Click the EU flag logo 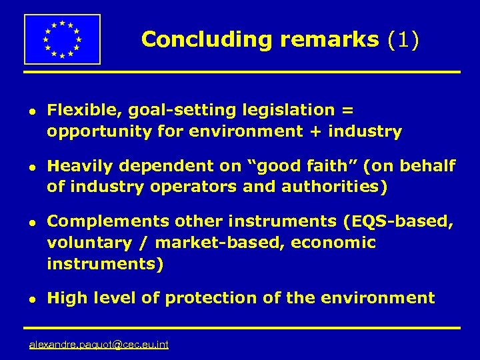[62, 39]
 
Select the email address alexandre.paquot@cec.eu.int [99, 345]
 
